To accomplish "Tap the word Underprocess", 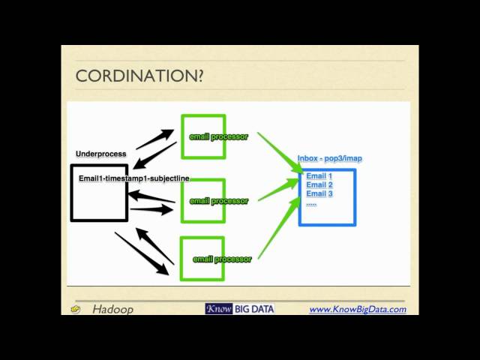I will [100, 154].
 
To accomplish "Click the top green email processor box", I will [202, 136].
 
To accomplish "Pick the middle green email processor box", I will [202, 201].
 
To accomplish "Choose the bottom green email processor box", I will [202, 259].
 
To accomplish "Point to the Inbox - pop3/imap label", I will [329, 158].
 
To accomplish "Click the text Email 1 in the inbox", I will [319, 176].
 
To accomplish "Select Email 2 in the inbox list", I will [319, 185].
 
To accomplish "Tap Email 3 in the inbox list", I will [319, 194].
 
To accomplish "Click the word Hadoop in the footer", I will [112, 309].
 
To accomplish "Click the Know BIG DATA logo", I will [239, 309].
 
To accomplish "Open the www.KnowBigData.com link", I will [358, 309].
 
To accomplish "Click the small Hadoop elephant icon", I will [76, 309].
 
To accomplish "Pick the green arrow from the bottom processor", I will [277, 225].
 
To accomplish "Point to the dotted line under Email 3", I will [311, 203].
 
